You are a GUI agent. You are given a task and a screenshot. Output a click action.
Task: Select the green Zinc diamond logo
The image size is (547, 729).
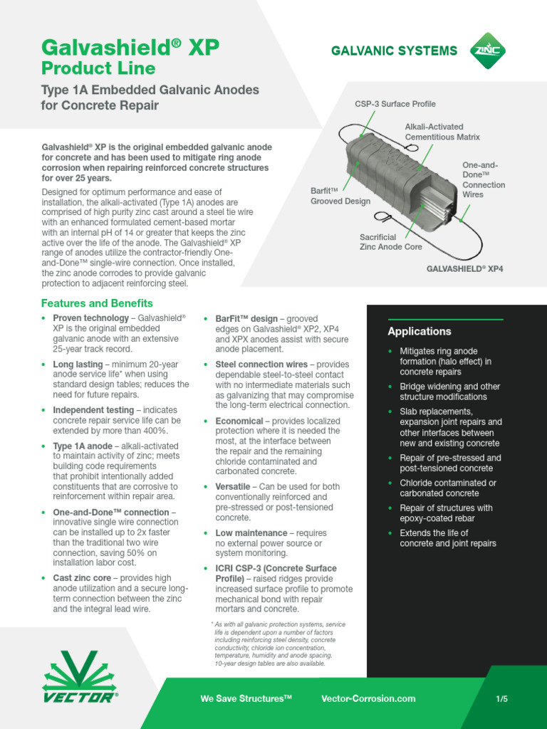click(x=486, y=50)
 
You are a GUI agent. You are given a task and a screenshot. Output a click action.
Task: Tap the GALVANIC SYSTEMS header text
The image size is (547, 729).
click(x=394, y=51)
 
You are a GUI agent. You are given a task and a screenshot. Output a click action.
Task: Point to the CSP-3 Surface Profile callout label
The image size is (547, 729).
click(x=395, y=104)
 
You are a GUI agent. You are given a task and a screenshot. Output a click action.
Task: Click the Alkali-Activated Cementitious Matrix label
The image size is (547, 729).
click(x=442, y=132)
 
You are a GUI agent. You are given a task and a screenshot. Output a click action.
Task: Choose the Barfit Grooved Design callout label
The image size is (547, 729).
click(x=340, y=196)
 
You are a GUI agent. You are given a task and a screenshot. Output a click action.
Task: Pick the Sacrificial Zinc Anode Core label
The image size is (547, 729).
click(x=390, y=241)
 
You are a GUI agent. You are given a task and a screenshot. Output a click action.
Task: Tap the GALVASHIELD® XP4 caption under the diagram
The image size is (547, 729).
click(x=464, y=270)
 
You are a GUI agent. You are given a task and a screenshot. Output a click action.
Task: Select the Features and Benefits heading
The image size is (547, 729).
click(x=97, y=303)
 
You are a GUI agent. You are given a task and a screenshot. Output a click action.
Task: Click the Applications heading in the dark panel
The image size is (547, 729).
click(x=420, y=332)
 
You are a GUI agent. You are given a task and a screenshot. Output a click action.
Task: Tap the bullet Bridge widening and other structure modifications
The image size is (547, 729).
click(x=449, y=392)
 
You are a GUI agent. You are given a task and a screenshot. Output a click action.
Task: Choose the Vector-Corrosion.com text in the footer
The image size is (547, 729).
click(x=368, y=699)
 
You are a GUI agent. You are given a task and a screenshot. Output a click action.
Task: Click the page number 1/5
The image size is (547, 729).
click(x=502, y=699)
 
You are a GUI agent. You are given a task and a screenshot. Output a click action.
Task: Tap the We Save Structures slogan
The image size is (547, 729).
click(x=246, y=699)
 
